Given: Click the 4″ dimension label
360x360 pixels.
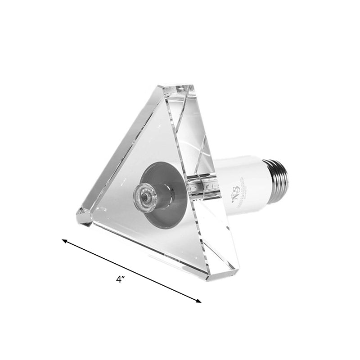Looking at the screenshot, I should coord(120,279).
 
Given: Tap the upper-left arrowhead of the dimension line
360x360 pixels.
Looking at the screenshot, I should coord(64,241).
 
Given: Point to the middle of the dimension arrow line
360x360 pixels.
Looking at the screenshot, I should coord(131,271).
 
